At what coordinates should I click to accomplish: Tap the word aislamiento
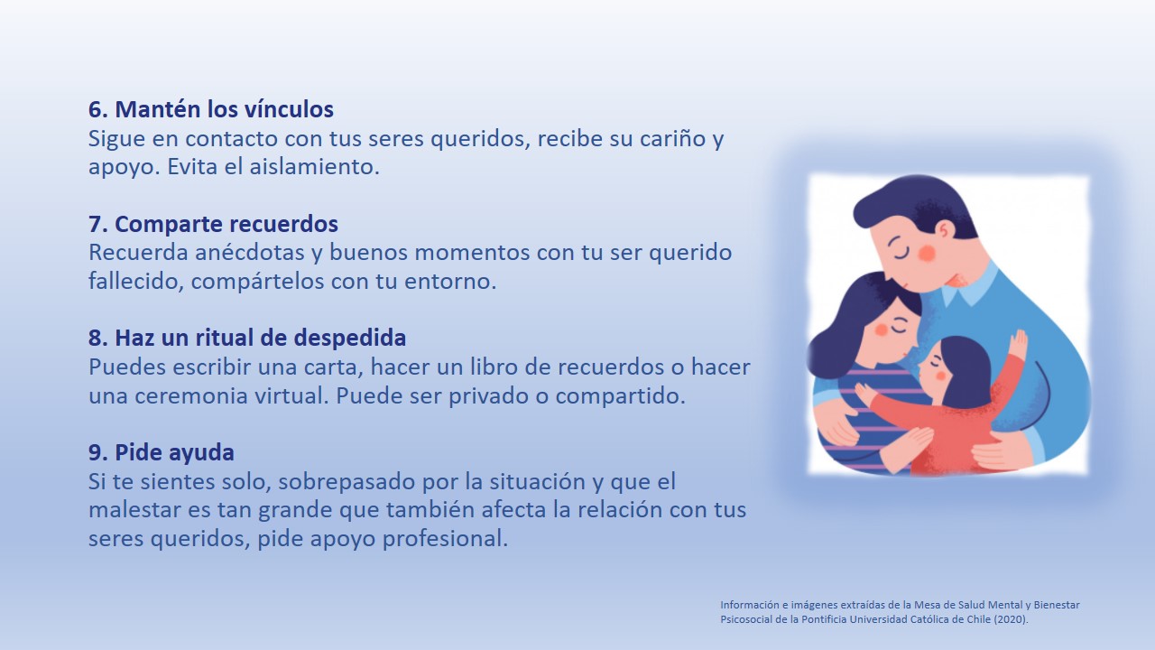[314, 167]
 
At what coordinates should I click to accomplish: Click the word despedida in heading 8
[350, 338]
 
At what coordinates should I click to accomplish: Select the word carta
[333, 367]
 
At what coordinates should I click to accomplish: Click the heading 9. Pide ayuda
[162, 452]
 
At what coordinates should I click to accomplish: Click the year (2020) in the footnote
[1012, 619]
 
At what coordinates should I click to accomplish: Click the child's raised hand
[1018, 344]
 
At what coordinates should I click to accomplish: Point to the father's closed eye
[901, 250]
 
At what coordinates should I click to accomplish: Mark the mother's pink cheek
[882, 330]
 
